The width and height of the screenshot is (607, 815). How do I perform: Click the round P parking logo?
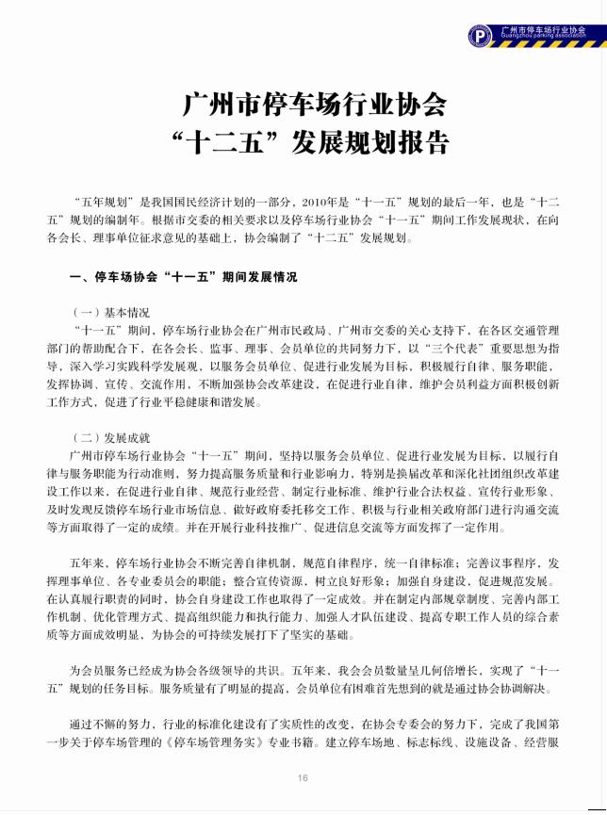click(x=481, y=35)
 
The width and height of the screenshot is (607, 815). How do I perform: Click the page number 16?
click(x=303, y=778)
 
